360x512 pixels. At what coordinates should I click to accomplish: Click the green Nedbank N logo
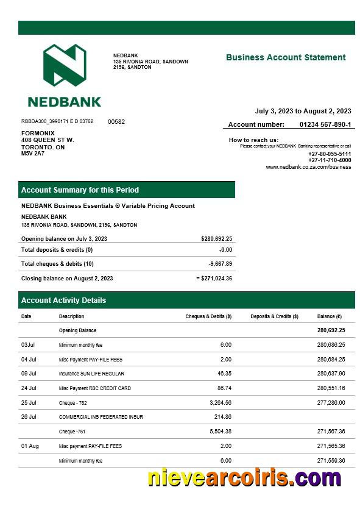pyautogui.click(x=64, y=65)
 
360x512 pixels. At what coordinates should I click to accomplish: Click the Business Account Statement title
pyautogui.click(x=285, y=58)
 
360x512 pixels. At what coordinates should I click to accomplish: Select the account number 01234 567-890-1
pyautogui.click(x=325, y=124)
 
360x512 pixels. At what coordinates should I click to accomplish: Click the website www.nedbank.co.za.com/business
pyautogui.click(x=308, y=167)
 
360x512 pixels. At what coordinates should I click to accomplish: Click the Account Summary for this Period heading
pyautogui.click(x=80, y=190)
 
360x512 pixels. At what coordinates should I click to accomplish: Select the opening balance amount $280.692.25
pyautogui.click(x=216, y=239)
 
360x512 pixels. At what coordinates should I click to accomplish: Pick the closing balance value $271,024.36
pyautogui.click(x=216, y=279)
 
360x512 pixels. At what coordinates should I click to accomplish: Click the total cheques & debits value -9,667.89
pyautogui.click(x=220, y=264)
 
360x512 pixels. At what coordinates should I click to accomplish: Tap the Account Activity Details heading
pyautogui.click(x=63, y=300)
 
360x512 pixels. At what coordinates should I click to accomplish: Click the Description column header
pyautogui.click(x=71, y=317)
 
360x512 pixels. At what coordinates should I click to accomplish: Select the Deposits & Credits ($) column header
pyautogui.click(x=274, y=317)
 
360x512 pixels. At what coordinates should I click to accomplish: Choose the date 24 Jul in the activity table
pyautogui.click(x=29, y=388)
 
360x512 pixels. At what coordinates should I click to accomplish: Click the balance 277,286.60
pyautogui.click(x=331, y=403)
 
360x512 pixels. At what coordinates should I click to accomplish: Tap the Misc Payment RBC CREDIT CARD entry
pyautogui.click(x=94, y=388)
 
